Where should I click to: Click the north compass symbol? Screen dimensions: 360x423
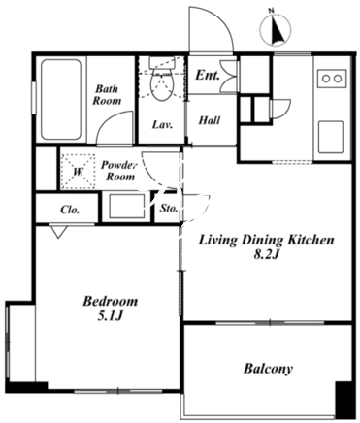pyautogui.click(x=278, y=27)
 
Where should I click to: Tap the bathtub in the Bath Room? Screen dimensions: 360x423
pyautogui.click(x=61, y=100)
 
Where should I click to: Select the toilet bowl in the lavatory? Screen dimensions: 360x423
pyautogui.click(x=161, y=81)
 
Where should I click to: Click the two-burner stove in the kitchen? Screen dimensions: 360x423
pyautogui.click(x=332, y=79)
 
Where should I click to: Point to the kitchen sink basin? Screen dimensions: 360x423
pyautogui.click(x=331, y=137)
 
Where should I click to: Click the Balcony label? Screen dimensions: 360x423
pyautogui.click(x=268, y=369)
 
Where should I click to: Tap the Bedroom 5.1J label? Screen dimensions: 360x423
pyautogui.click(x=111, y=309)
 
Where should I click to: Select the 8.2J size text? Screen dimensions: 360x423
pyautogui.click(x=266, y=255)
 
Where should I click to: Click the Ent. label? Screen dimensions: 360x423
pyautogui.click(x=208, y=76)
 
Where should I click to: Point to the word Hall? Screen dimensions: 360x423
pyautogui.click(x=210, y=120)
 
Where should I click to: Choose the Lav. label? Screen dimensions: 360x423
pyautogui.click(x=162, y=124)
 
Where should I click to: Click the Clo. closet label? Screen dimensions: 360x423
pyautogui.click(x=70, y=210)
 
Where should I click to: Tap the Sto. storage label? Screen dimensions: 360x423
pyautogui.click(x=169, y=209)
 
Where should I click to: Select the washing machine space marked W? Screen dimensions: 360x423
pyautogui.click(x=79, y=172)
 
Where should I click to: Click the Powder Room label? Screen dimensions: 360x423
pyautogui.click(x=119, y=171)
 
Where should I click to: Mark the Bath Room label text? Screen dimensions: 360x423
pyautogui.click(x=107, y=94)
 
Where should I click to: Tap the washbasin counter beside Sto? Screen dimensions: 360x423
pyautogui.click(x=126, y=207)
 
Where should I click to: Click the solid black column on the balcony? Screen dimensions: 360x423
pyautogui.click(x=344, y=400)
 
